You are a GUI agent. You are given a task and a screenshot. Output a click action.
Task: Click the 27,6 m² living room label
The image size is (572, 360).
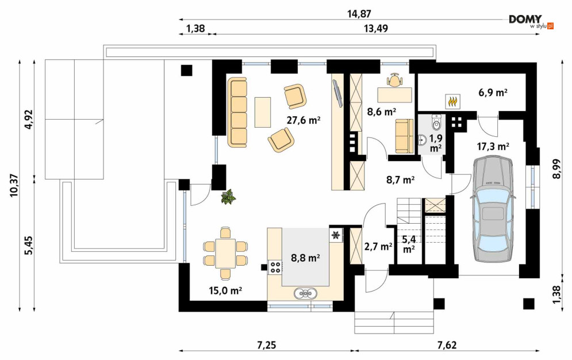tap(304, 120)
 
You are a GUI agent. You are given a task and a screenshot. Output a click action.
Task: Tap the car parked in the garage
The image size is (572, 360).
tap(493, 209)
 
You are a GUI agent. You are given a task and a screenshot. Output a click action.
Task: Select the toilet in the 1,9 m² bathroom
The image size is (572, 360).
tap(437, 122)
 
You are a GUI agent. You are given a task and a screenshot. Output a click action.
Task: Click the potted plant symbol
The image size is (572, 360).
tap(228, 197)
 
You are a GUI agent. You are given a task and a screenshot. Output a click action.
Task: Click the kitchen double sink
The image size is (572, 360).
tap(306, 293)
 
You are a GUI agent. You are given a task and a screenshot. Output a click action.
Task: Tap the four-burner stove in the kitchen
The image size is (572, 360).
tap(275, 267)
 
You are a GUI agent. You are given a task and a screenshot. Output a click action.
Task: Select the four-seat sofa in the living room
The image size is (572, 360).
tap(237, 112)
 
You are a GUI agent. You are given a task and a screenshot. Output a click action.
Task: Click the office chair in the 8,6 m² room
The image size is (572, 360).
tap(395, 80)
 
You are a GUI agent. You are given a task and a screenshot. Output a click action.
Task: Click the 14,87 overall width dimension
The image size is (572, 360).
tap(359, 14)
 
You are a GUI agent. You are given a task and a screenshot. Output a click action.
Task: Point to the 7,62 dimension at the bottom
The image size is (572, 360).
tap(447, 344)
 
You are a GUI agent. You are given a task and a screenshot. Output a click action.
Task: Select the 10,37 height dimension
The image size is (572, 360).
tap(14, 185)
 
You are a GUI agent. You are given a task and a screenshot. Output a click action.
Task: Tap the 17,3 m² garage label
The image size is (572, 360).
tap(493, 147)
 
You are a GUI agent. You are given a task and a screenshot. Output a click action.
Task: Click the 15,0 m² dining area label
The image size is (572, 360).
tap(226, 290)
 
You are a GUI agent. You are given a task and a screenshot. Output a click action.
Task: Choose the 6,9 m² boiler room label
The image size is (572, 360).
tap(493, 93)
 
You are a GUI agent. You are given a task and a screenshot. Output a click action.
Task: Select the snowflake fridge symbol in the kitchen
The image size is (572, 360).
tap(335, 235)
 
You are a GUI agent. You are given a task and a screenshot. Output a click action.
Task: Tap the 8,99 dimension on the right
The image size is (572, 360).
tap(556, 169)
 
